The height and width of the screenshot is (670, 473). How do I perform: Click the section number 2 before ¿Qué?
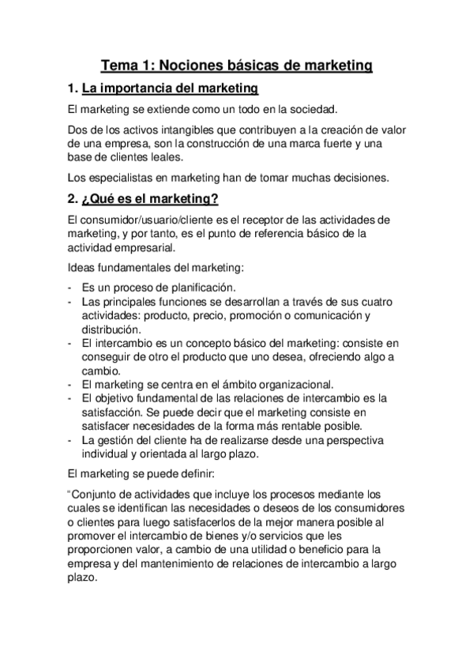click(x=73, y=201)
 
